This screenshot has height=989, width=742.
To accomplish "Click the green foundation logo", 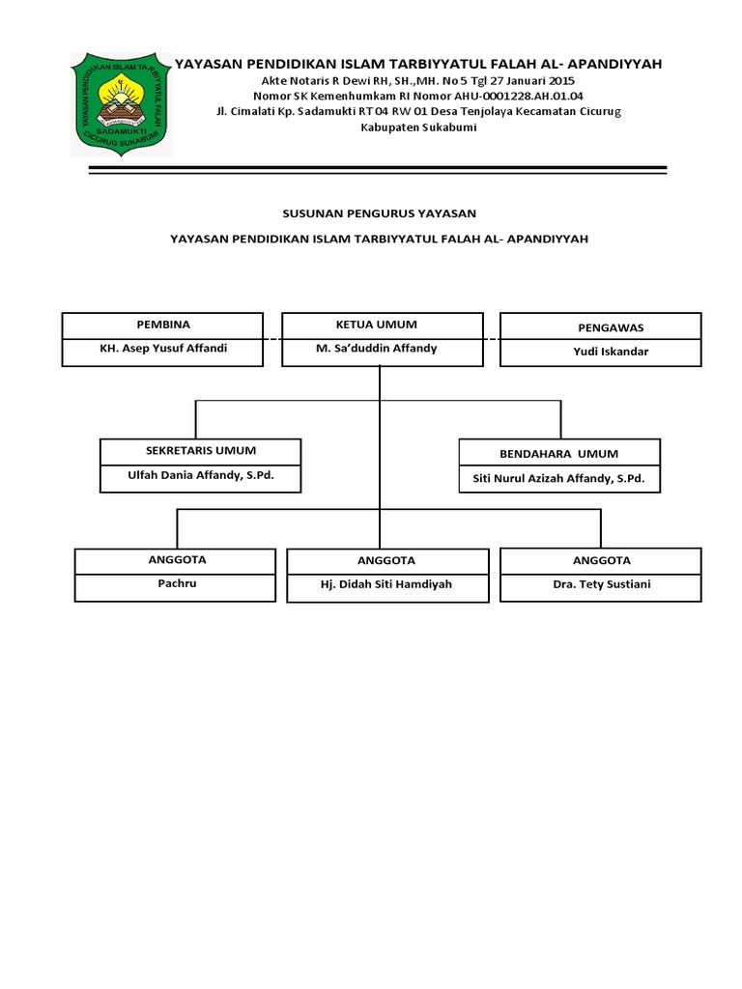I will (x=121, y=103).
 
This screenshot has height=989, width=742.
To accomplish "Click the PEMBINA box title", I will (x=162, y=325).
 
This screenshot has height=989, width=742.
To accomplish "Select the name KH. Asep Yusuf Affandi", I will (x=163, y=349).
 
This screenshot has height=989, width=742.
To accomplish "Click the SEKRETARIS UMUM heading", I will (x=201, y=451).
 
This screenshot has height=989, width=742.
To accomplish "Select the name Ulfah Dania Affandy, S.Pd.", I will (x=201, y=475).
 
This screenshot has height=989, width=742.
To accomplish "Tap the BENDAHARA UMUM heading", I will (x=559, y=453).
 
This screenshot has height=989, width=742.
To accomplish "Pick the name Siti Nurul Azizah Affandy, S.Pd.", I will (x=558, y=478).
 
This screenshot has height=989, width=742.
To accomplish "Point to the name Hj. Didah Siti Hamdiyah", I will (x=385, y=584).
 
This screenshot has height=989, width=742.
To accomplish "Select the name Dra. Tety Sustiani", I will (x=601, y=584).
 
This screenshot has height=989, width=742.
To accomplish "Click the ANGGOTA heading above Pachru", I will (x=178, y=560).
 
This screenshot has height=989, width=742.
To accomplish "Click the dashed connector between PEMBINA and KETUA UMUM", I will (x=271, y=339).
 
